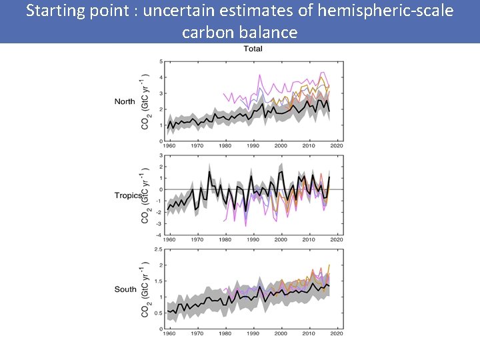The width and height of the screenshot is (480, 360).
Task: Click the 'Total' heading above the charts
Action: click(253, 49)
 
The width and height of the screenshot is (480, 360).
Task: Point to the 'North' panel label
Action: click(125, 102)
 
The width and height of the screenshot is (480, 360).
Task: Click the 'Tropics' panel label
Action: click(127, 195)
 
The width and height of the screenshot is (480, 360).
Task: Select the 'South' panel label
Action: click(125, 289)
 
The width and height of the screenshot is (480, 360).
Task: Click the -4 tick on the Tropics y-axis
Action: click(159, 235)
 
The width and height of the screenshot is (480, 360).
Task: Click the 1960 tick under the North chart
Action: click(169, 145)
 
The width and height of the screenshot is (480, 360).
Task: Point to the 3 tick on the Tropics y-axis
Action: click(161, 156)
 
